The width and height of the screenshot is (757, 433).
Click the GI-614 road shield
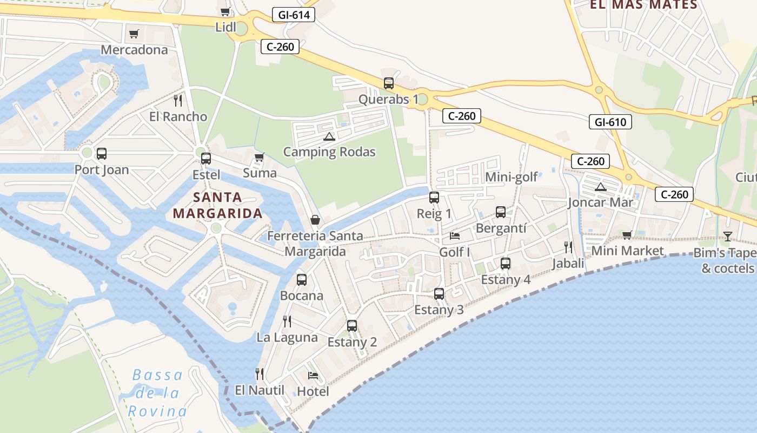point(293,15)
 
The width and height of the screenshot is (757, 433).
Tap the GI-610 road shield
point(610,122)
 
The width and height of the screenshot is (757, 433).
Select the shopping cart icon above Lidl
point(225,11)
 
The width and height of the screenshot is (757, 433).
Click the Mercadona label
point(134,50)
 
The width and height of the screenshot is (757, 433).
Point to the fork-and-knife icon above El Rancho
point(177,100)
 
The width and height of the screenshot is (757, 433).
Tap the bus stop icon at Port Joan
point(102,154)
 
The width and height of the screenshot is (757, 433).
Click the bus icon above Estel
point(206,159)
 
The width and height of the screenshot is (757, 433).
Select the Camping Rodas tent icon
point(329,136)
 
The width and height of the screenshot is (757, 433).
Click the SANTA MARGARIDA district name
point(218,205)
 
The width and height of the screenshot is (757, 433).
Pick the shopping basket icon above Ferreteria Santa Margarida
point(315,220)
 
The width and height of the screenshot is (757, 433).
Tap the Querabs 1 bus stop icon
point(389,83)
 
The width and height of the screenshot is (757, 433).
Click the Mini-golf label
point(511,177)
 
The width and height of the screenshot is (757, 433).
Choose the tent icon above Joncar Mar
point(600,187)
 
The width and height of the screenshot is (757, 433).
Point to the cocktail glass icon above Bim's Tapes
point(727,236)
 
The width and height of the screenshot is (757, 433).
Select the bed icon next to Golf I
point(455,236)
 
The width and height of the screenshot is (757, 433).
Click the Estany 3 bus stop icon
point(439,294)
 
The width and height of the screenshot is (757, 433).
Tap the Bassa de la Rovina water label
point(158,393)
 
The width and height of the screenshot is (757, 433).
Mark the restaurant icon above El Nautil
point(260,373)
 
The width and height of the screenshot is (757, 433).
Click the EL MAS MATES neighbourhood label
point(643,5)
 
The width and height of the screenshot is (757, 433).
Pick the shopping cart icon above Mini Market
point(627,235)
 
